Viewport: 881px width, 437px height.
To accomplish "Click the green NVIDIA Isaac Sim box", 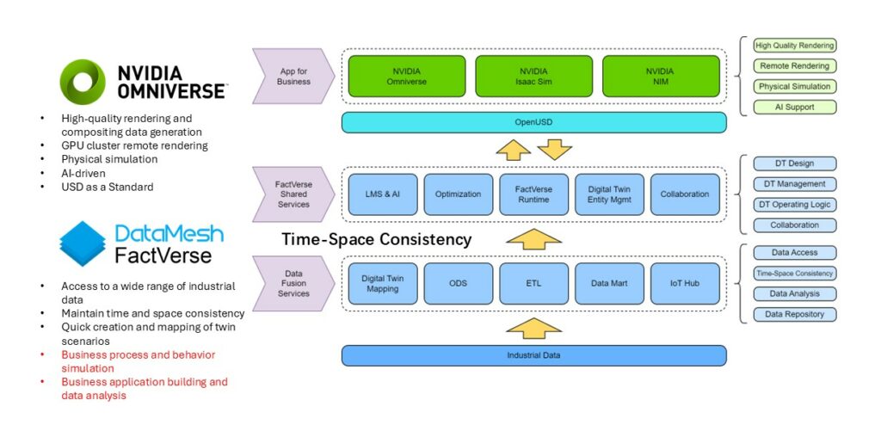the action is (x=533, y=76).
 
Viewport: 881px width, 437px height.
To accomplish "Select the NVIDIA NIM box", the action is (x=661, y=76).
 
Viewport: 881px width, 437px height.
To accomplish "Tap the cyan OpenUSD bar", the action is (x=533, y=122).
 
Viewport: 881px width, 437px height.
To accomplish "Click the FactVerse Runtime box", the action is (x=533, y=194).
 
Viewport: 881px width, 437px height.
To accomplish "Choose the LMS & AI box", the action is (x=383, y=194).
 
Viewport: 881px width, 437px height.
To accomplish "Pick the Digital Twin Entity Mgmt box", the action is (x=609, y=194).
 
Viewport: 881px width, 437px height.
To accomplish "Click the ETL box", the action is (x=533, y=284).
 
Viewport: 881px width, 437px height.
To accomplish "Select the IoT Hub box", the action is (x=685, y=284).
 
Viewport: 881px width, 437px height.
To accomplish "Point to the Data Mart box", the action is (x=609, y=284).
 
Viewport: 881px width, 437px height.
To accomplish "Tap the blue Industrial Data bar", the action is (x=533, y=355).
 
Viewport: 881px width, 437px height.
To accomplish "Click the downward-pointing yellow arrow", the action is (x=554, y=150).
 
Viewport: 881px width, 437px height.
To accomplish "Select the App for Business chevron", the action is (x=293, y=77).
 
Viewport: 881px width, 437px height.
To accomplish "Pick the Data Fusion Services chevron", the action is (x=293, y=284).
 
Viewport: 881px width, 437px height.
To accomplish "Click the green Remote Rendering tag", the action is (x=794, y=65).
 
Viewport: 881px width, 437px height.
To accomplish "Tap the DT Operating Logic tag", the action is (x=794, y=205).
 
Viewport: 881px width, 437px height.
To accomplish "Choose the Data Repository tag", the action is (x=794, y=315).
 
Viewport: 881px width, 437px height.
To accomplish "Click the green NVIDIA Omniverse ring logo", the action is (x=83, y=82).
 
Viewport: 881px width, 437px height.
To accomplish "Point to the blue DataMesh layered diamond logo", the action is (x=83, y=243).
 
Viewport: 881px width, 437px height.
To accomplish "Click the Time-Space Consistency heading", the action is (x=377, y=240).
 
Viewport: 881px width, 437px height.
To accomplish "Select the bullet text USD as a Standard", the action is (x=108, y=187).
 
